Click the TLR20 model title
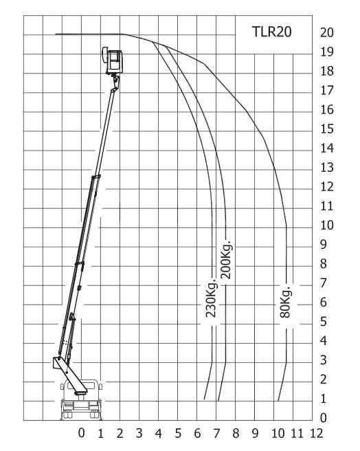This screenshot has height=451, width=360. (272, 32)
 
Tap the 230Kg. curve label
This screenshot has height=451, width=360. (212, 298)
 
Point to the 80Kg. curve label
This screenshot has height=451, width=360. (286, 302)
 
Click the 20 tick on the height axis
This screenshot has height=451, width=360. (327, 32)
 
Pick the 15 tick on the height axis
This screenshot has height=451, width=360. (327, 129)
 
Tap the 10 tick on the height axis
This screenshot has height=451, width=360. (327, 225)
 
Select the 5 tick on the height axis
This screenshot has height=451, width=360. (324, 322)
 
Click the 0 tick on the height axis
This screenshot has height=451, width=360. (324, 418)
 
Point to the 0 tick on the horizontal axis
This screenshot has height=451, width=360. (82, 432)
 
